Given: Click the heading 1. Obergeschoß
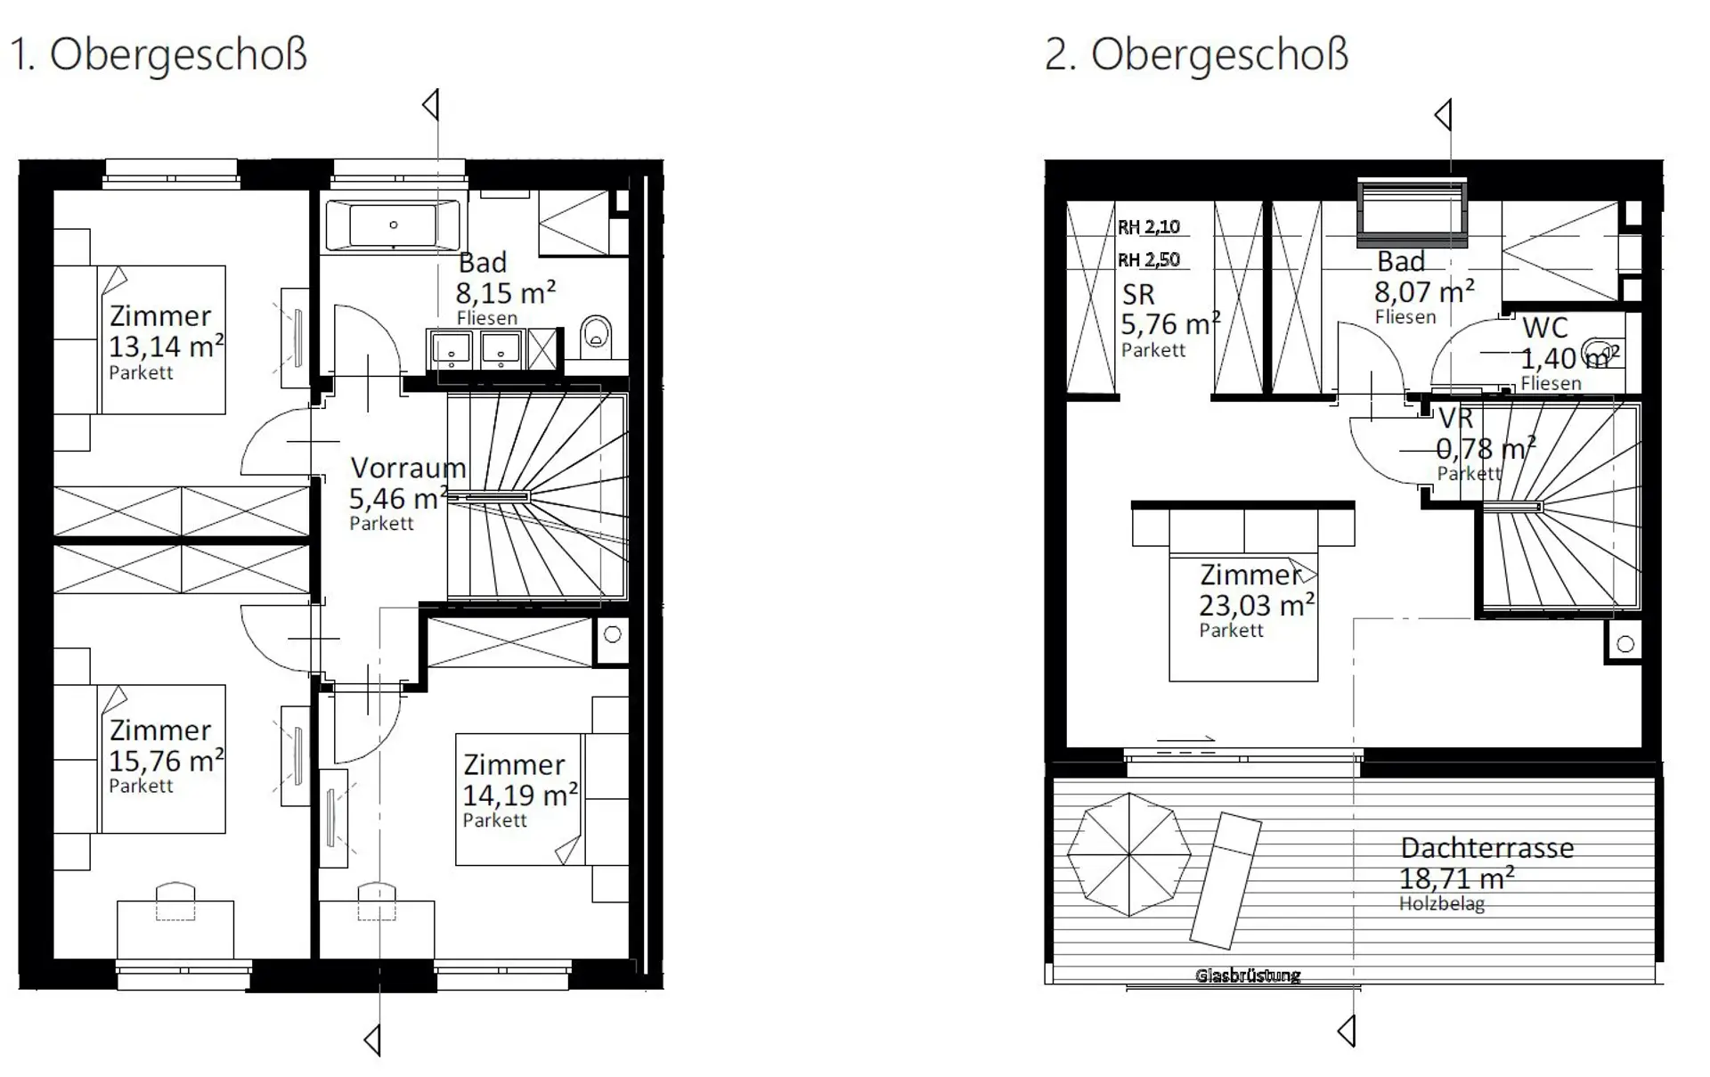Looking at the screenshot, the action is tap(159, 54).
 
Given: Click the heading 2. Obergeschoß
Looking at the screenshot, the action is tap(1196, 54).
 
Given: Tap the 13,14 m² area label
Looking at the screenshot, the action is tap(166, 346).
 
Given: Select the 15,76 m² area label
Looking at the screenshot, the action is tap(166, 760).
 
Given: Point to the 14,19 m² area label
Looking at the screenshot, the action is tap(520, 794).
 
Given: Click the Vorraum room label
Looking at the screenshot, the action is tap(408, 468).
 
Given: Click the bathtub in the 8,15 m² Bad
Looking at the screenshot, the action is tap(393, 225).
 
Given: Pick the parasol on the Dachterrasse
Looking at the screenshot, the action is tap(1129, 855).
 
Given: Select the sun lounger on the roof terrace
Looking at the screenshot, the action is tap(1226, 880).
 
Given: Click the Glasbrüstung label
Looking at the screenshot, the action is tap(1248, 975).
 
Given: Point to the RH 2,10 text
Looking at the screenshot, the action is tap(1149, 227).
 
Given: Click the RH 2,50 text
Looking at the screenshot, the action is tap(1149, 260).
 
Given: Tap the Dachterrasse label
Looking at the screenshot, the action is tap(1486, 847).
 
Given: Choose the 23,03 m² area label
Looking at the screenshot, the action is tap(1257, 605).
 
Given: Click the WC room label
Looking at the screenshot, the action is tap(1545, 328).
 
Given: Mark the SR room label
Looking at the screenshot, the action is tap(1138, 294).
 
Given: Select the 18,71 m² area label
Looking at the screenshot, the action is tap(1456, 878).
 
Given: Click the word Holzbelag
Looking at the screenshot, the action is tap(1442, 904).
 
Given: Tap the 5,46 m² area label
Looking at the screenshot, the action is tap(398, 498).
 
